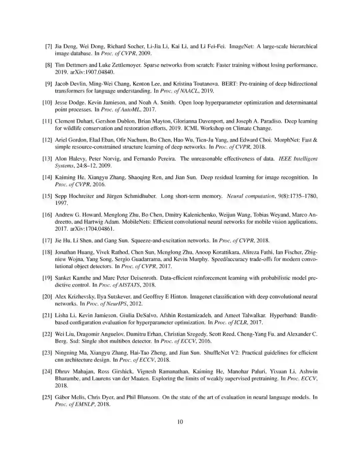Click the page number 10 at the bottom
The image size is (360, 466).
point(180,422)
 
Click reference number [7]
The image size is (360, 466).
point(48,46)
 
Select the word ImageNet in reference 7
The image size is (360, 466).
point(242,46)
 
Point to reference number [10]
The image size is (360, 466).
point(47,102)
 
